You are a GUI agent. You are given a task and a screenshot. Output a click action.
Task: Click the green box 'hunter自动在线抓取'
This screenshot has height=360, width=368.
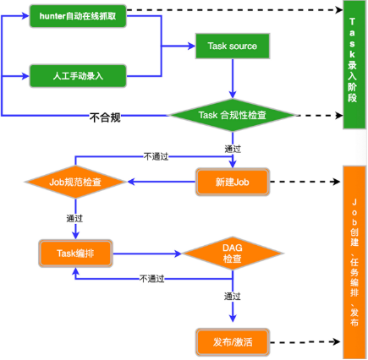coord(79,14)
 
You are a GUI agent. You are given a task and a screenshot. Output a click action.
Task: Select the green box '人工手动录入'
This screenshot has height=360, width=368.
coord(79,75)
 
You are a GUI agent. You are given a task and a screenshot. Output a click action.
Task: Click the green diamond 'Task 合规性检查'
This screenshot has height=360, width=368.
coord(233,115)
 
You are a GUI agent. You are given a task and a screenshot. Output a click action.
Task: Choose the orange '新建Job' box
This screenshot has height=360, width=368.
coord(232,181)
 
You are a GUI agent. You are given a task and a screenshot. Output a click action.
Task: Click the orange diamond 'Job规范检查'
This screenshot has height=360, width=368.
coord(75,181)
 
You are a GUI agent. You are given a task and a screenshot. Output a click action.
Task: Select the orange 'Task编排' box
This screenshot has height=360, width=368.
coord(75,252)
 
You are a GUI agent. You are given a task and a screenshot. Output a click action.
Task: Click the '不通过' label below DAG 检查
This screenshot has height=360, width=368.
coord(152,278)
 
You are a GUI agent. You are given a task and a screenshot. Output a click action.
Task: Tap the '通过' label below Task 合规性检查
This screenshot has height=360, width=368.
coord(233,149)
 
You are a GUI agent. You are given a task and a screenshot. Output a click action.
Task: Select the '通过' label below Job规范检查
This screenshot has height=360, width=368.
coord(74,217)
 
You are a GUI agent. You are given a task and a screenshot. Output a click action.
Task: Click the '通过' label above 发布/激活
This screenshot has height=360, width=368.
coord(233,297)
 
